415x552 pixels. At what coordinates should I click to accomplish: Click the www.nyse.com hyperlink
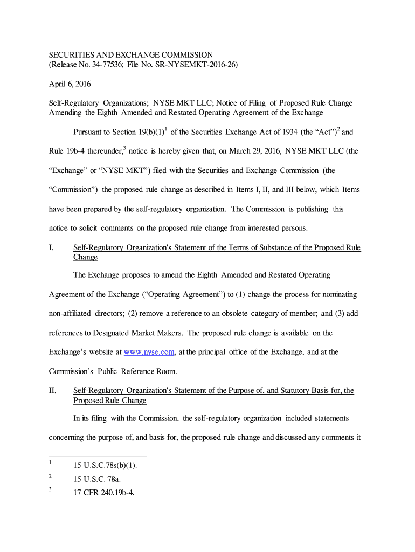[149, 353]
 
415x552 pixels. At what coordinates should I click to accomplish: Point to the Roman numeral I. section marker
[52, 248]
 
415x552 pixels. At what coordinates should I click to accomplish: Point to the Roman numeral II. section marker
[53, 391]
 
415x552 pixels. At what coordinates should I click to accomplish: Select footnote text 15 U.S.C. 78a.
[98, 478]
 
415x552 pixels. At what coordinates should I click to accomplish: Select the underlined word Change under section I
[85, 258]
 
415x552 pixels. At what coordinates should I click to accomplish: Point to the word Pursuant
[88, 133]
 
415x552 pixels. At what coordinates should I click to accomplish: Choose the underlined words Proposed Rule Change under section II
[109, 401]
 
